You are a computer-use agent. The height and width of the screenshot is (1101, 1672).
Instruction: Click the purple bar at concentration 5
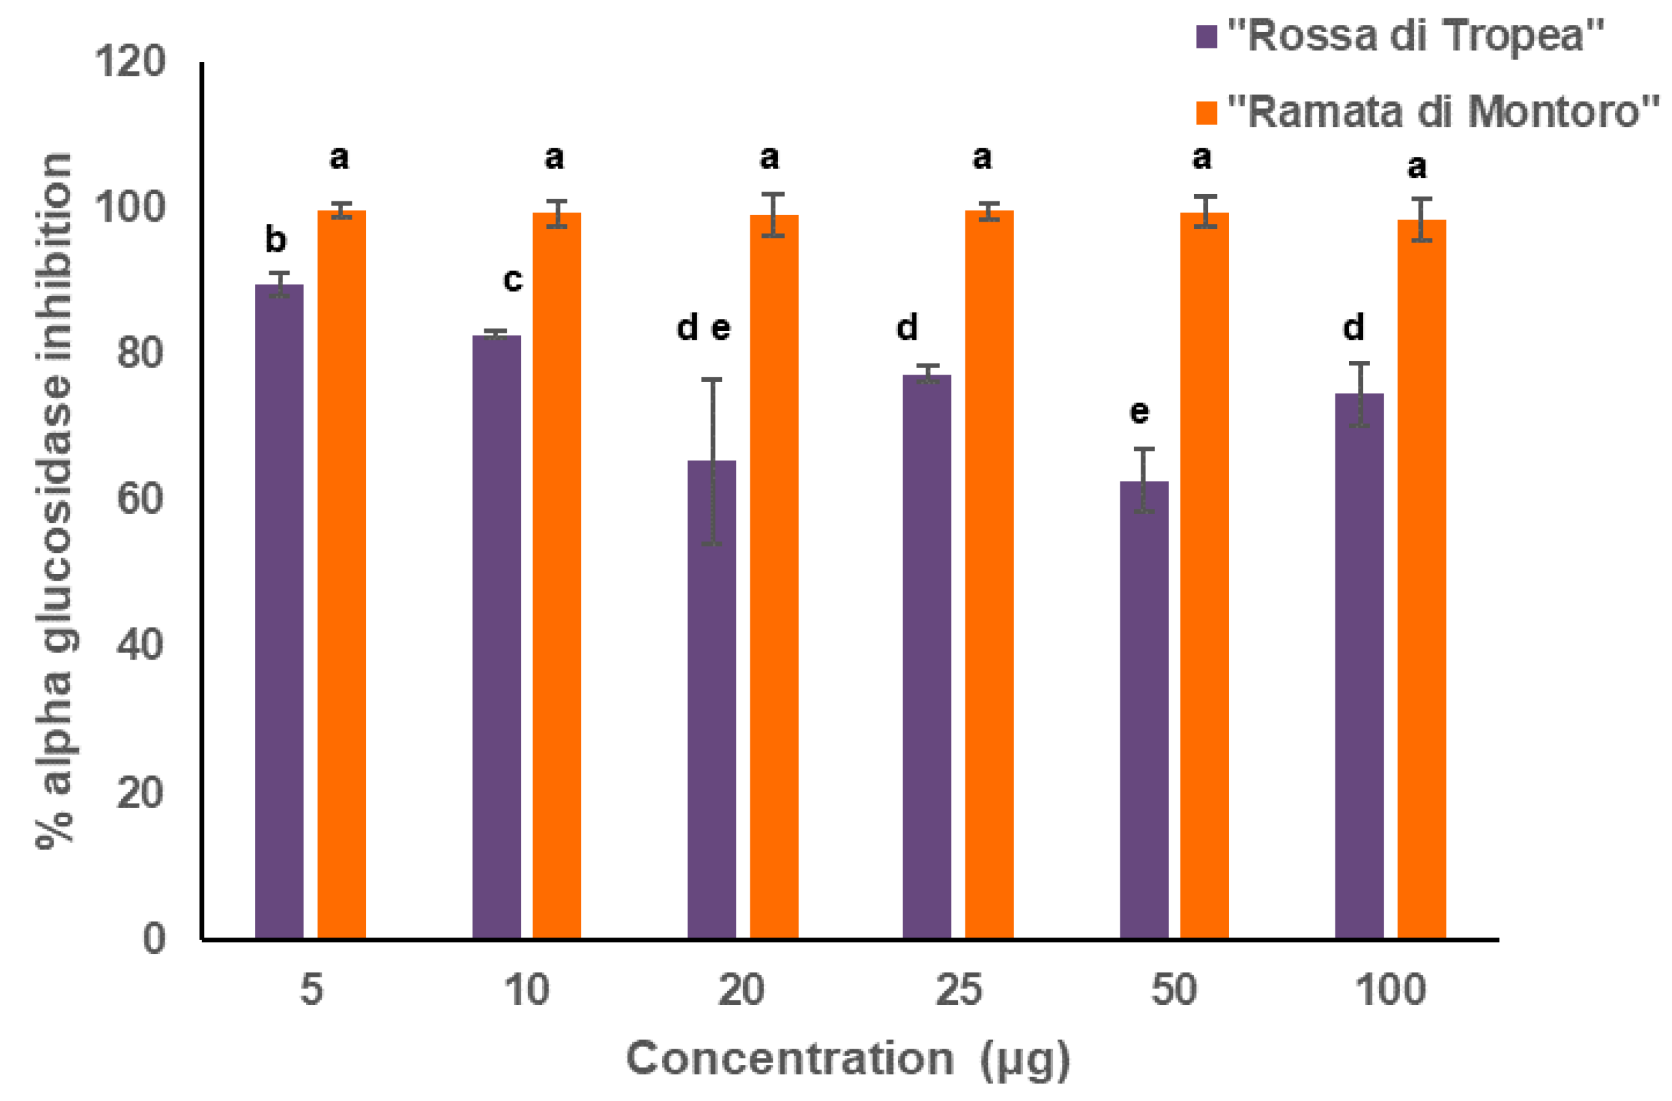pos(279,611)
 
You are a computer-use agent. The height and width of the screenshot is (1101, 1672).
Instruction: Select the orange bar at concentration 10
pos(556,576)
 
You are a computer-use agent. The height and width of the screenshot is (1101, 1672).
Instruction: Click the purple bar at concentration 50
pos(1144,709)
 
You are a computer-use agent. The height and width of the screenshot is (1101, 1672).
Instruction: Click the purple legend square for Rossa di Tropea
pos(1206,37)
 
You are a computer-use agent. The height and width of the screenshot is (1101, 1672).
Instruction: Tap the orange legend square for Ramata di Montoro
pos(1206,113)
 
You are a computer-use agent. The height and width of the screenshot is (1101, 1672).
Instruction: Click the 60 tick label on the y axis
pos(140,499)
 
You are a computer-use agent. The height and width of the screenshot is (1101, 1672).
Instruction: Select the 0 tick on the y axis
pos(154,938)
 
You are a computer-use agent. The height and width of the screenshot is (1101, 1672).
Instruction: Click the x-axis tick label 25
pos(958,991)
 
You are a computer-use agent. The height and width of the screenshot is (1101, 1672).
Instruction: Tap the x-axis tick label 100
pos(1390,991)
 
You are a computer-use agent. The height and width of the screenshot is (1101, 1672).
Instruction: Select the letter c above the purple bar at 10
pos(513,280)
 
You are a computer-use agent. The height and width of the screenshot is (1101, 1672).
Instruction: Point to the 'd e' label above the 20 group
pos(703,328)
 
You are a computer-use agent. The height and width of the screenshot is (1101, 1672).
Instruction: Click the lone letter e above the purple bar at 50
pos(1139,413)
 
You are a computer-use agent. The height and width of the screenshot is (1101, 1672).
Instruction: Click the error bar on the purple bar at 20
pos(712,462)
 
